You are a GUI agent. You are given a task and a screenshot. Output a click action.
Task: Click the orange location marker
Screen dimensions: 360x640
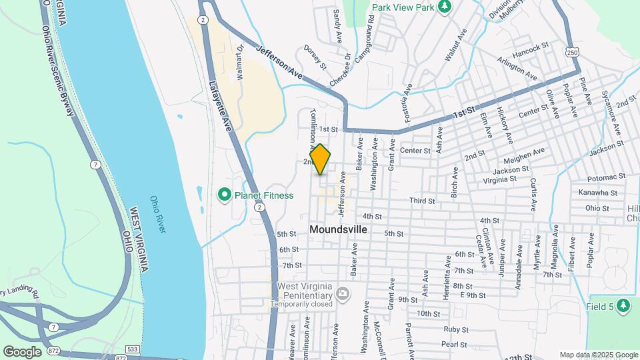coord(321,160)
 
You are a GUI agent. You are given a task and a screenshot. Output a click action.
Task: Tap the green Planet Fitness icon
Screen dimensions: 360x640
coord(225,195)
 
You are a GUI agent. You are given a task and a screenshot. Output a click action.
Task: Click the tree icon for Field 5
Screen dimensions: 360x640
coord(623,305)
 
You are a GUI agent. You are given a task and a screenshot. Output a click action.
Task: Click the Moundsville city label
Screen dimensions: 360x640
coord(338,229)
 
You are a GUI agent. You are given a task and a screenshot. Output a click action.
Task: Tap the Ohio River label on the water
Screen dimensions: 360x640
coord(157,213)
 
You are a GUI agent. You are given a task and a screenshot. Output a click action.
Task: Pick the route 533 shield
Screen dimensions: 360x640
coord(132,350)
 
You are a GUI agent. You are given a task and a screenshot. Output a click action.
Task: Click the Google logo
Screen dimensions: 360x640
coord(22,351)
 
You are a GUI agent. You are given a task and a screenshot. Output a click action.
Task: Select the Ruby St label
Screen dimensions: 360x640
coord(456,329)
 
